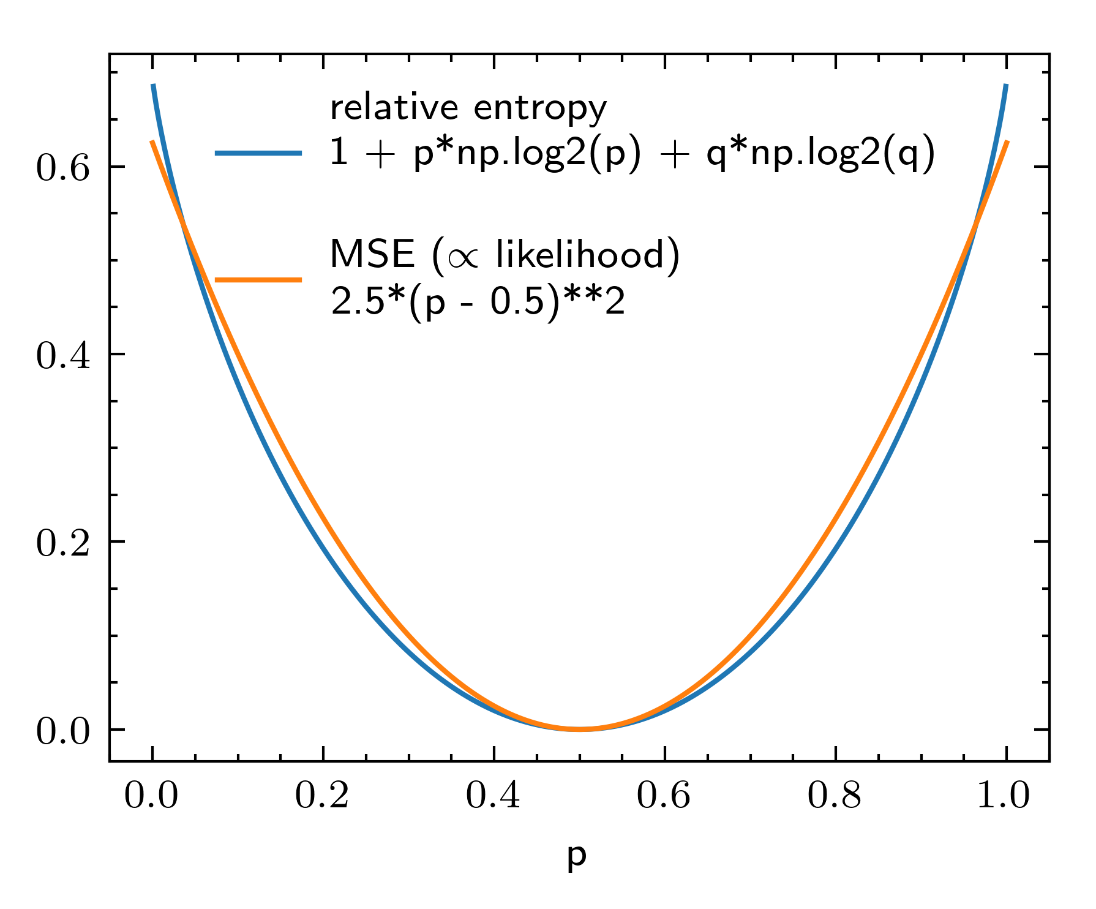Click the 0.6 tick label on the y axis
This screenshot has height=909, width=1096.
tap(63, 167)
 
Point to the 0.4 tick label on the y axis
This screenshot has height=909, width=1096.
tap(63, 355)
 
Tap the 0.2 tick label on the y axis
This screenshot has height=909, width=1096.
tap(63, 543)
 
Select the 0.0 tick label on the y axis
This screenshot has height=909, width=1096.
tap(63, 731)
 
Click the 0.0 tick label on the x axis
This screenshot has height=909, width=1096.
tap(151, 796)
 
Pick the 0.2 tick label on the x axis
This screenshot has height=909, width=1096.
tap(322, 796)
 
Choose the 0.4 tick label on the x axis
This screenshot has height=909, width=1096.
tap(493, 796)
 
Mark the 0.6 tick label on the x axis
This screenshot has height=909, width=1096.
tap(664, 796)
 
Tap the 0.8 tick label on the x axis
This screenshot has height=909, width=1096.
tap(835, 796)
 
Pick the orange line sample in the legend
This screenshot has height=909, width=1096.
tap(258, 280)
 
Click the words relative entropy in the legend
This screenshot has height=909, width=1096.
tap(468, 108)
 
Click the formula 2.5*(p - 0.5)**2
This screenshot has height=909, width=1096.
tap(478, 301)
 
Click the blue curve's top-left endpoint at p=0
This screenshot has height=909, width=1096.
tap(153, 86)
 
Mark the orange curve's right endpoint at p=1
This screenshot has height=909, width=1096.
tap(1007, 142)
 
